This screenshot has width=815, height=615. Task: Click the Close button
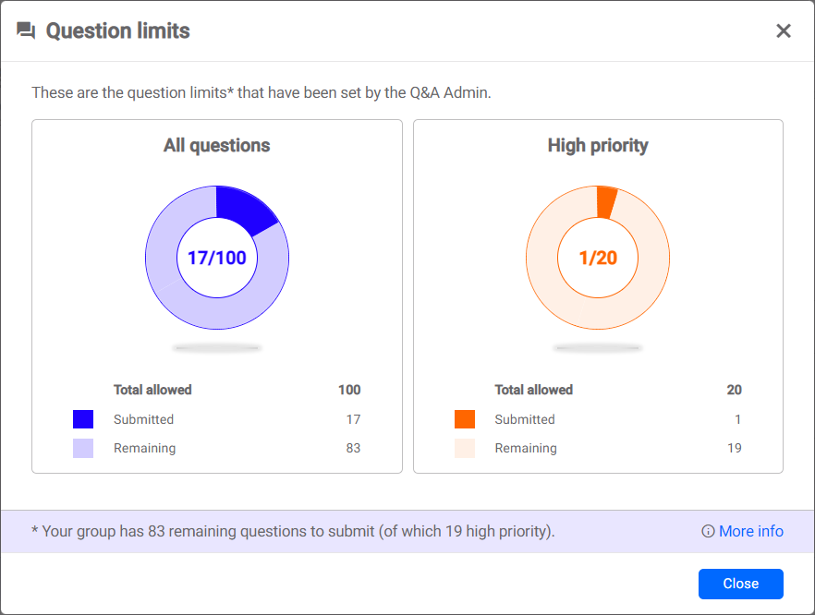740,584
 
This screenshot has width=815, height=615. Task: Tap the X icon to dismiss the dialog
784,31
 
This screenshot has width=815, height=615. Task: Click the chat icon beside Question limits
26,31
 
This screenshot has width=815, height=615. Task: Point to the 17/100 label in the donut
217,258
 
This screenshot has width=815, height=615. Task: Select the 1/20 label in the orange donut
598,258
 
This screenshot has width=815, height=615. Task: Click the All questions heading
217,145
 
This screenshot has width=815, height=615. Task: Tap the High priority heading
598,145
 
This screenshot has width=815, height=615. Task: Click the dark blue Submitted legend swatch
83,419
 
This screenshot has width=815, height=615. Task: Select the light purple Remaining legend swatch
83,448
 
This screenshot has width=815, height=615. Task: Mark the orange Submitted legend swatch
465,419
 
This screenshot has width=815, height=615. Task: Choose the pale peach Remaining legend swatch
465,448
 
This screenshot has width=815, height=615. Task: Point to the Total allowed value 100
349,390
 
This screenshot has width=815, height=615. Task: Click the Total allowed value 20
734,390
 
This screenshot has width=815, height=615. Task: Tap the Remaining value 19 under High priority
734,448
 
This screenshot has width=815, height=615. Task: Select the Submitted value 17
353,419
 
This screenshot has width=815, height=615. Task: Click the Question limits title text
118,31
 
